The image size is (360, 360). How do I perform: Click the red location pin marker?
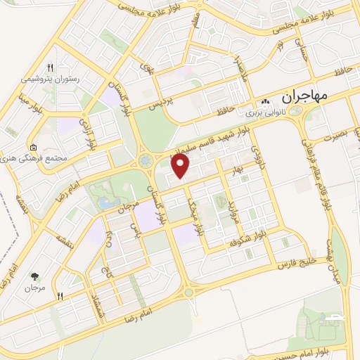pyautogui.click(x=181, y=166)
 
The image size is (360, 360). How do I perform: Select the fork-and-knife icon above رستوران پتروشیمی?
pyautogui.click(x=50, y=67)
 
